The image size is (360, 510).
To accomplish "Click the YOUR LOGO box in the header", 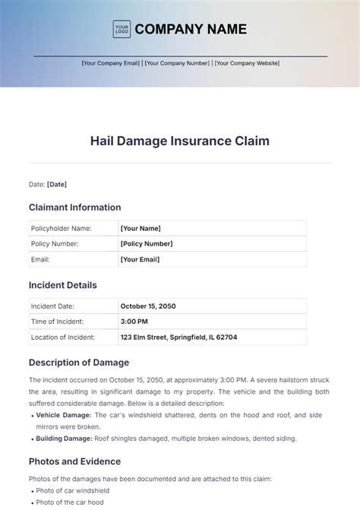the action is (121, 30).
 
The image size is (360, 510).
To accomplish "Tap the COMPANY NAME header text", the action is (191, 30).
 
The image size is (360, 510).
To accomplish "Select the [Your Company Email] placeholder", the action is (111, 63).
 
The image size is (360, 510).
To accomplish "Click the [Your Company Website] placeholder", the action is (247, 63).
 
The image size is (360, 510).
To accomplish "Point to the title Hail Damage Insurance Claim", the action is (180, 141).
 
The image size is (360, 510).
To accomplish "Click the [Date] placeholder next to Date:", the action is (57, 184).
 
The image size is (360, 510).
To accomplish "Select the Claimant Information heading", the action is (74, 207).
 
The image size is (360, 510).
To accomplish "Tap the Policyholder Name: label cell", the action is (61, 228).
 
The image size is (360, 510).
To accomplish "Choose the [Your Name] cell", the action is (141, 228).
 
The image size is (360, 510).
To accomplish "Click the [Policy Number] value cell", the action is (147, 244).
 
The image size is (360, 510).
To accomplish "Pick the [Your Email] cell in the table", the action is (141, 259).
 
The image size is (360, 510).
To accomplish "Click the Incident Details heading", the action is (63, 285).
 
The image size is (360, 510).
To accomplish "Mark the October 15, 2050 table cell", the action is (148, 306).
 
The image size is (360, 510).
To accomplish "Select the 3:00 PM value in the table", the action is (134, 322).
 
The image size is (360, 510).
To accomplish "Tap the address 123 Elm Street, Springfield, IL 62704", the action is (178, 337).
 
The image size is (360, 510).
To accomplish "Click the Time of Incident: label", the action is (58, 322).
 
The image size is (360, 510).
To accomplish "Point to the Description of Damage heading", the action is (79, 363).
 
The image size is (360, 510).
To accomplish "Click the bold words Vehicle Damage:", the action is (65, 415).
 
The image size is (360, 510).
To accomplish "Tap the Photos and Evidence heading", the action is (74, 461).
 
